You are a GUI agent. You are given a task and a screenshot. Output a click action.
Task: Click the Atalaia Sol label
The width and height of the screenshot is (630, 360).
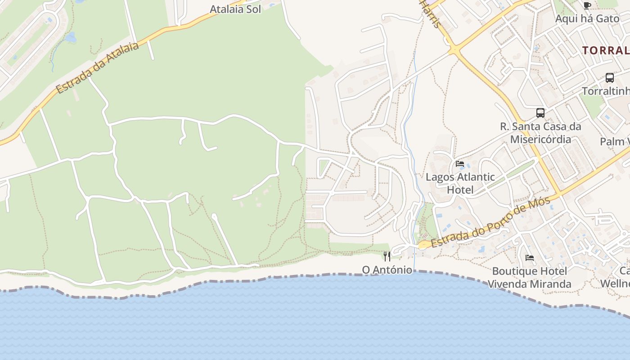(235, 9)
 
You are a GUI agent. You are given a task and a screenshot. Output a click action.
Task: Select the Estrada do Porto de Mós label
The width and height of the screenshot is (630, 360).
(490, 223)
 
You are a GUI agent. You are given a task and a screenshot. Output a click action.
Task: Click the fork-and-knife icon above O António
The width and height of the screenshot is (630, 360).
(387, 256)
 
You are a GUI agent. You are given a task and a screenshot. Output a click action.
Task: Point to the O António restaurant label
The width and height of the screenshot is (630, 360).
(387, 270)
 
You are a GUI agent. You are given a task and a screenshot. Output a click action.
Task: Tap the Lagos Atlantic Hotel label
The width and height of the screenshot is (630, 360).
(460, 183)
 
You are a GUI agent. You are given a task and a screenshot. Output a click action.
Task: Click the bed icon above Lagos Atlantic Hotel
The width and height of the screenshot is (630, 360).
(460, 163)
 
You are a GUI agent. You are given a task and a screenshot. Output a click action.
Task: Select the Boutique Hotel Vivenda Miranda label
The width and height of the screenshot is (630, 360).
(529, 277)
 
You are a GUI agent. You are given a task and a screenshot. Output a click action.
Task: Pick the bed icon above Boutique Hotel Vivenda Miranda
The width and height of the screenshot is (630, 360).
(530, 258)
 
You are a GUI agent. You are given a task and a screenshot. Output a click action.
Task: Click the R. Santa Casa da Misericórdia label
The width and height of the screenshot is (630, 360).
(540, 133)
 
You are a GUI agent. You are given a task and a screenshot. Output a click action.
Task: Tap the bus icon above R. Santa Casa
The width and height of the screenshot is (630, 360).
(540, 113)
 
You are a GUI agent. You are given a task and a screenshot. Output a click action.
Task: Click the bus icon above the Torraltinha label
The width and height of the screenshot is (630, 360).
(610, 78)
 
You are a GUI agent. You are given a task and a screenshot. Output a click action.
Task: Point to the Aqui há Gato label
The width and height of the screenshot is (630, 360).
(587, 18)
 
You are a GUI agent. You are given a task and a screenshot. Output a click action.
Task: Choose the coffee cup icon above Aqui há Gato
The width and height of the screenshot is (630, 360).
(587, 5)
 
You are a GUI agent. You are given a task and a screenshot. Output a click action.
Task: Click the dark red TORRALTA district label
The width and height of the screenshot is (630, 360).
(606, 50)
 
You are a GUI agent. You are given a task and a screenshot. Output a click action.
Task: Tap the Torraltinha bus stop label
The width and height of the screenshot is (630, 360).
(606, 91)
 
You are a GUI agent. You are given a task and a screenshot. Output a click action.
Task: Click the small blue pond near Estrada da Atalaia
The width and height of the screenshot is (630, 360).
(71, 38)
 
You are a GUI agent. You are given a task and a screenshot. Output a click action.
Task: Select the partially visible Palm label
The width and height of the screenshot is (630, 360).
(615, 142)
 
